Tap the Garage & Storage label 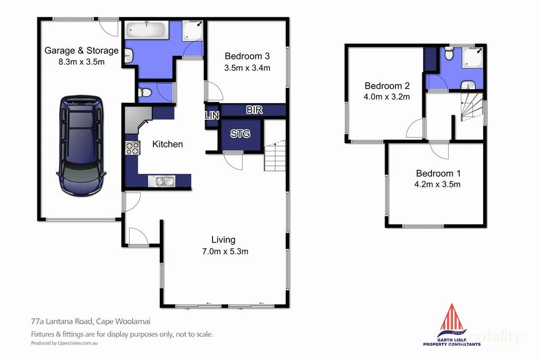pyautogui.click(x=81, y=51)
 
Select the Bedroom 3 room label pyautogui.click(x=247, y=56)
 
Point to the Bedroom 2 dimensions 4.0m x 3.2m pyautogui.click(x=387, y=96)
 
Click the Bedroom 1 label pyautogui.click(x=435, y=173)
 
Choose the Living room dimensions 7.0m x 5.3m pyautogui.click(x=225, y=251)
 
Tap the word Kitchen pyautogui.click(x=168, y=144)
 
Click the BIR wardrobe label pyautogui.click(x=254, y=110)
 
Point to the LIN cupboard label pyautogui.click(x=212, y=115)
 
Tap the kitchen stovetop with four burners pyautogui.click(x=132, y=148)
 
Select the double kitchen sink pyautogui.click(x=162, y=181)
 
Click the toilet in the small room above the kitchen pyautogui.click(x=144, y=93)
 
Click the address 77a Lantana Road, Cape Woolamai pyautogui.click(x=87, y=321)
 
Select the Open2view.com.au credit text pyautogui.click(x=65, y=343)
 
